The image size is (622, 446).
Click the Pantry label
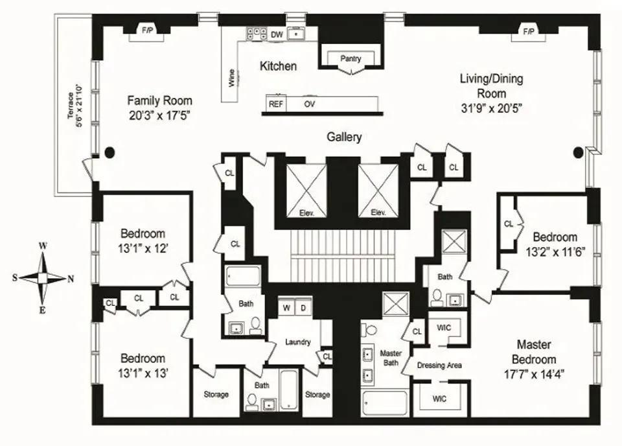tap(351, 59)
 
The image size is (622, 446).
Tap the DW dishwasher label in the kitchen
tap(277, 34)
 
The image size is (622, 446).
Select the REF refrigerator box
tap(275, 104)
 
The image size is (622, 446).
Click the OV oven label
tap(309, 104)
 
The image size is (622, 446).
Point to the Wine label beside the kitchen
tap(231, 78)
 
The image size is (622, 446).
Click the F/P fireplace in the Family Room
tap(148, 30)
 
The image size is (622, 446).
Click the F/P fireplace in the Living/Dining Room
tap(528, 30)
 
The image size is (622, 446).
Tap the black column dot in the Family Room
tap(109, 152)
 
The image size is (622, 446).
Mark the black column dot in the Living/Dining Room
tap(579, 152)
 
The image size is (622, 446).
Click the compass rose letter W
tap(43, 246)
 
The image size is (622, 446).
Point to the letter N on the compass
tap(71, 278)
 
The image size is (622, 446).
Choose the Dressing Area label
tap(439, 366)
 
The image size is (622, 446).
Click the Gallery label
tap(343, 137)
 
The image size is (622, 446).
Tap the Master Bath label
tap(391, 357)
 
